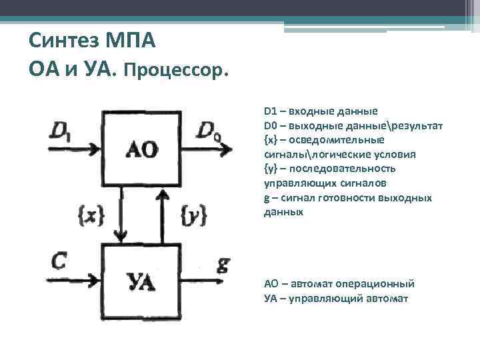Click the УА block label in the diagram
(x=141, y=281)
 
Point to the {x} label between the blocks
(x=91, y=213)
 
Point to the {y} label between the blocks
(x=194, y=213)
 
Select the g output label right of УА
(x=223, y=265)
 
